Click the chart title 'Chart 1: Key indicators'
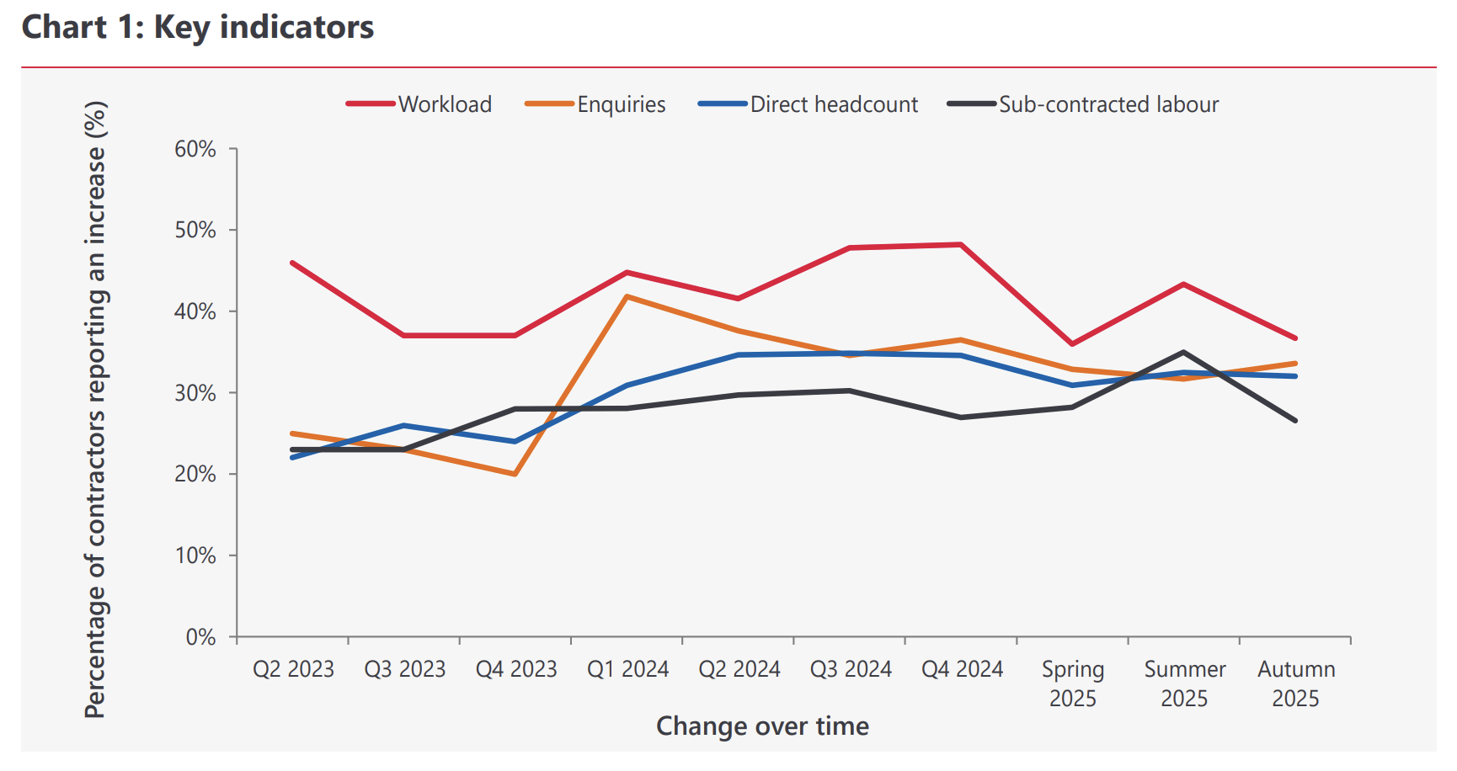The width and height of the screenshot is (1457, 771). [198, 28]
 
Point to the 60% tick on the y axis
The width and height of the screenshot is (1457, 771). [195, 149]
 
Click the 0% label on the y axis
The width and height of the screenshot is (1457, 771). [200, 637]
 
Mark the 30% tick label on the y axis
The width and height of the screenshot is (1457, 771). [195, 393]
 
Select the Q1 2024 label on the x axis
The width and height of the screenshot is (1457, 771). [627, 669]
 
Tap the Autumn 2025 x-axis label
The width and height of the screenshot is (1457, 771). [1295, 683]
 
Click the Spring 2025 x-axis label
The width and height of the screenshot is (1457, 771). [1072, 683]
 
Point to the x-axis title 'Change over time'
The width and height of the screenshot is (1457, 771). [762, 726]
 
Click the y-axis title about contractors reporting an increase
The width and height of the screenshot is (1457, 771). [95, 409]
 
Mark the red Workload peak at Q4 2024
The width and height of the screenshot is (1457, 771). [961, 245]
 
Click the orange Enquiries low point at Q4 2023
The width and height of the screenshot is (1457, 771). [515, 475]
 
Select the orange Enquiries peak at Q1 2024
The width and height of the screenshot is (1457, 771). [627, 296]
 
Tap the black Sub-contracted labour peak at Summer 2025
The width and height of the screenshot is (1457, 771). [1183, 352]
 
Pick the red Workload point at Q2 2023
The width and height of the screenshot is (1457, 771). [292, 263]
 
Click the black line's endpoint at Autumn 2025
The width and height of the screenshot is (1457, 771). [1295, 420]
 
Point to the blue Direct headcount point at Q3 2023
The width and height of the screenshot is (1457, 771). [404, 425]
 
